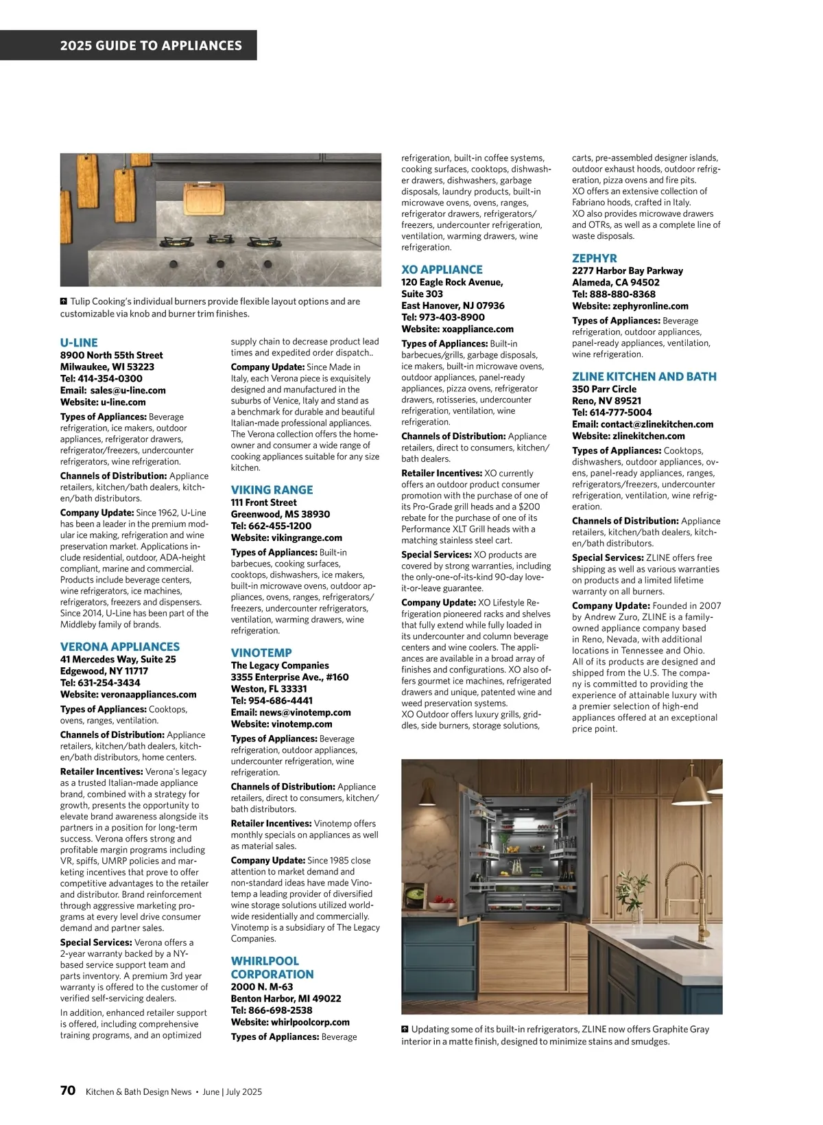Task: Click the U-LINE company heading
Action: click(79, 343)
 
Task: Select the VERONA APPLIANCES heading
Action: click(120, 647)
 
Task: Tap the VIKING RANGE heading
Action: click(272, 489)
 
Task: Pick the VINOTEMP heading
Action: click(261, 653)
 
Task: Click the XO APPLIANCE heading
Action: click(442, 270)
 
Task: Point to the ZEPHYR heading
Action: click(595, 258)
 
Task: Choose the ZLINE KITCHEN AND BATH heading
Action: click(644, 376)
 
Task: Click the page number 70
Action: click(67, 1091)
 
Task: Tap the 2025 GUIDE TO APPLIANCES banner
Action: click(151, 46)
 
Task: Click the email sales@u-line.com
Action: click(128, 391)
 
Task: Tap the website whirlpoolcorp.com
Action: click(310, 1022)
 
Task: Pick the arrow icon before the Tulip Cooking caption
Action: click(64, 301)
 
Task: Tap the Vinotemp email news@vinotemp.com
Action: click(305, 712)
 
